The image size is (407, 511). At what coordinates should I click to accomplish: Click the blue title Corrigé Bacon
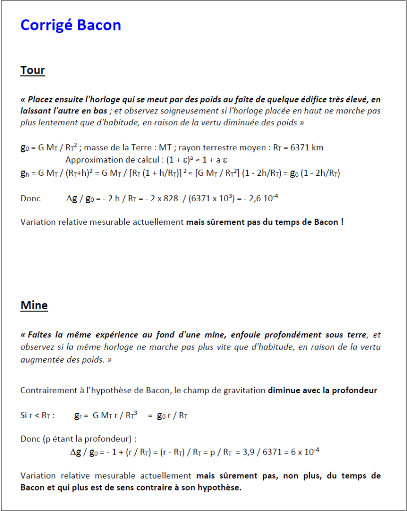tap(70, 25)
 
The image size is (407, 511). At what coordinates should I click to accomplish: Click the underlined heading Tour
tap(32, 70)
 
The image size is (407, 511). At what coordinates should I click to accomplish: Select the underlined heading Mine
tap(34, 305)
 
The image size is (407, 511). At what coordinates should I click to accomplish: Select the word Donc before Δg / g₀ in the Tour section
tap(30, 198)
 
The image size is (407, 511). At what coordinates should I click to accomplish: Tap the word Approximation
tap(92, 160)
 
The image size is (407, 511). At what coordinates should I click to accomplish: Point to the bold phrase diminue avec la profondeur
tap(322, 391)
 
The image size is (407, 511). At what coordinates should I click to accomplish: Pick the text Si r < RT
tap(37, 415)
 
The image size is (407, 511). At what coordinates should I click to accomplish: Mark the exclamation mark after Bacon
tap(342, 222)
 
